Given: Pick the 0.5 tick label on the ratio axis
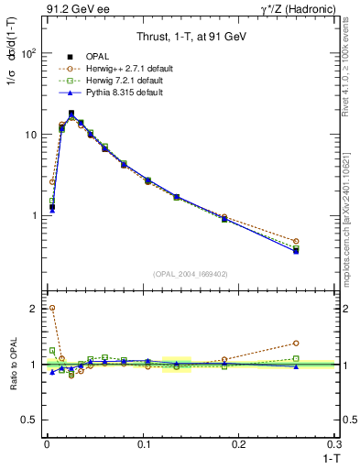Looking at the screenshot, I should point(29,420).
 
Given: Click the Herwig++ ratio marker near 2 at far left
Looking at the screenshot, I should point(52,308).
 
